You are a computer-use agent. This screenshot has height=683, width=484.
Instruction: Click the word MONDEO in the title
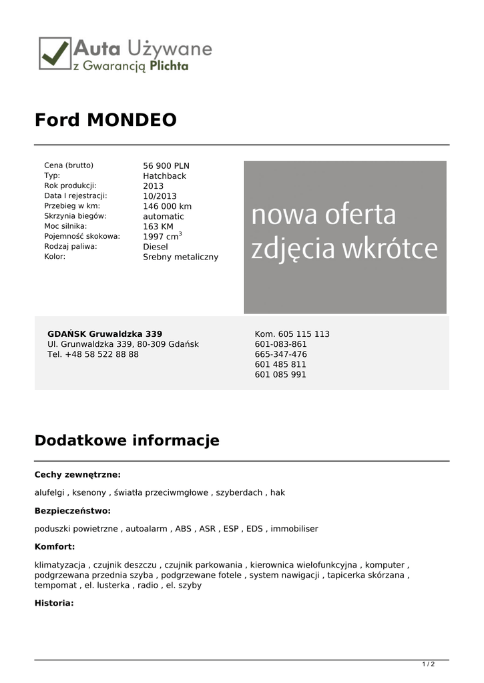click(x=132, y=120)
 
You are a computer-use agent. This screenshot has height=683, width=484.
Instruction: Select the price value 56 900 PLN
click(x=166, y=166)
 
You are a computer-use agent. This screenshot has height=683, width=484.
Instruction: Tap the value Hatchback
click(x=164, y=176)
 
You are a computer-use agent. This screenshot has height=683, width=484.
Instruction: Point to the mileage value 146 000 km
click(x=167, y=207)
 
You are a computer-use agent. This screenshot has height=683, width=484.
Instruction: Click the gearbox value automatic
click(x=163, y=217)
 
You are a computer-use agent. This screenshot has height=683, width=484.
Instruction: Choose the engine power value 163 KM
click(x=158, y=227)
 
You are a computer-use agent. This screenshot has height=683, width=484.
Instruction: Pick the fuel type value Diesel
click(x=156, y=247)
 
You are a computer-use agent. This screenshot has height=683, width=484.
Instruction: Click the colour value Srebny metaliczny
click(x=180, y=257)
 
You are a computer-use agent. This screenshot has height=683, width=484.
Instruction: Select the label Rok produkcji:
click(x=70, y=185)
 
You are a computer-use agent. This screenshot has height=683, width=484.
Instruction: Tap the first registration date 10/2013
click(x=160, y=196)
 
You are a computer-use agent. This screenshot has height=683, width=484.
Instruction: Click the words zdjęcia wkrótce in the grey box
click(x=344, y=249)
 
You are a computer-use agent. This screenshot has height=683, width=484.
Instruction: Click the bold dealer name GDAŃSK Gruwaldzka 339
click(x=105, y=333)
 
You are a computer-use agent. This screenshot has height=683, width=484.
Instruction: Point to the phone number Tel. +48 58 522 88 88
click(x=93, y=354)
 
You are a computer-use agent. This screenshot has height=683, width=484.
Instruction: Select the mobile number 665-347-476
click(x=280, y=354)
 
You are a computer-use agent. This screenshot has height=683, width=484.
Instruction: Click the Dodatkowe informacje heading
click(x=127, y=440)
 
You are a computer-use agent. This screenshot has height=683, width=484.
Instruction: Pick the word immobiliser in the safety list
click(x=294, y=528)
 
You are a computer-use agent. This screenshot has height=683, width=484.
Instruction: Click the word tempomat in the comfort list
click(x=55, y=585)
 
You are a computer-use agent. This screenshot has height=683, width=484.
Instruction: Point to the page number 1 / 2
click(x=429, y=664)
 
